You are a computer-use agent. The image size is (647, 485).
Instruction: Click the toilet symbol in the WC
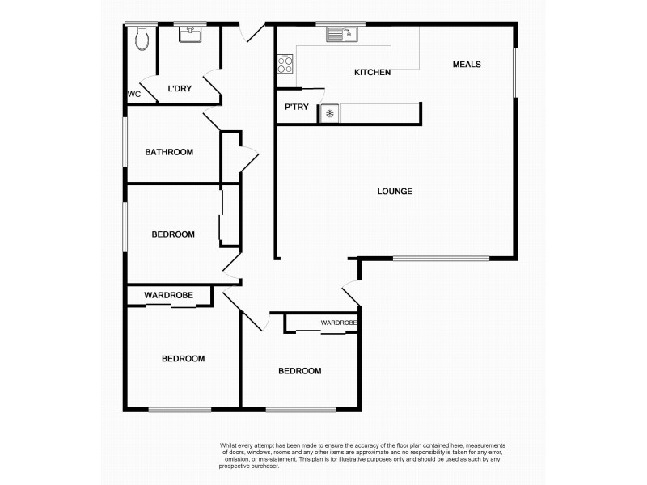pyautogui.click(x=142, y=37)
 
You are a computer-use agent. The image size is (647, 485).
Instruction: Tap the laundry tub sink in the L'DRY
pyautogui.click(x=192, y=35)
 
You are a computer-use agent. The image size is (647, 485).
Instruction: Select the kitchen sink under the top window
pyautogui.click(x=342, y=34)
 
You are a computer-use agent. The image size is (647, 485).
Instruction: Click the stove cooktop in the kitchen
pyautogui.click(x=285, y=63)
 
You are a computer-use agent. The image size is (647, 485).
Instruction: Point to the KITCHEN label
pyautogui.click(x=372, y=73)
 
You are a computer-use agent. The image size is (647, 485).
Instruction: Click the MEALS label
pyautogui.click(x=467, y=65)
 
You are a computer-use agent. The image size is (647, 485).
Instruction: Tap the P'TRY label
pyautogui.click(x=296, y=107)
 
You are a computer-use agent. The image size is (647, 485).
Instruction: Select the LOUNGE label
pyautogui.click(x=395, y=192)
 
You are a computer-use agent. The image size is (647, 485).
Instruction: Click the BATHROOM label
pyautogui.click(x=169, y=152)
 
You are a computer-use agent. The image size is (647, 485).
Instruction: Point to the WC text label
pyautogui.click(x=134, y=95)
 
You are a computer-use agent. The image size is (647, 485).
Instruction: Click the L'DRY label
pyautogui.click(x=179, y=89)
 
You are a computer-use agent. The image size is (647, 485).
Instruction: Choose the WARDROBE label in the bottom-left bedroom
pyautogui.click(x=168, y=296)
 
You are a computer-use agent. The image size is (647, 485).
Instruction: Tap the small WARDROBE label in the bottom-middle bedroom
pyautogui.click(x=338, y=323)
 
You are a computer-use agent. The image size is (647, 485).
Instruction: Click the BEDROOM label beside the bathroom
pyautogui.click(x=173, y=234)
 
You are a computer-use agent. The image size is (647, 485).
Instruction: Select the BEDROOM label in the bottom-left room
pyautogui.click(x=183, y=359)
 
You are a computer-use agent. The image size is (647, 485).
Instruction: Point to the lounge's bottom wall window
pyautogui.click(x=441, y=259)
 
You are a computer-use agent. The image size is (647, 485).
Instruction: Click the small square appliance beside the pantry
pyautogui.click(x=329, y=113)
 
